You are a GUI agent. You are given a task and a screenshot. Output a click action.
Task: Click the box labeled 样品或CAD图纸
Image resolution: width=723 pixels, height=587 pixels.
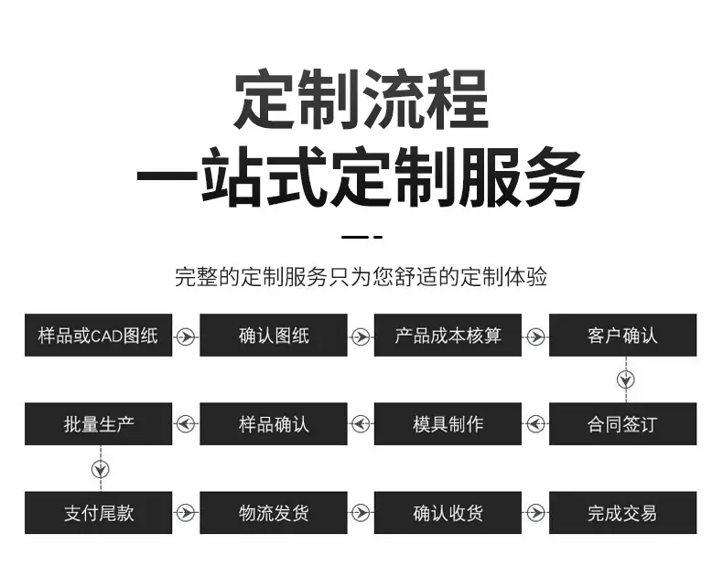click(98, 335)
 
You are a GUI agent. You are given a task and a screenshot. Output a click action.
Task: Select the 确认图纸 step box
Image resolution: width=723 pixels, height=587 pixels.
click(274, 335)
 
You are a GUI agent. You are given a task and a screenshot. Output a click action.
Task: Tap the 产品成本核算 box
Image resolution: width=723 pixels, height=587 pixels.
click(448, 335)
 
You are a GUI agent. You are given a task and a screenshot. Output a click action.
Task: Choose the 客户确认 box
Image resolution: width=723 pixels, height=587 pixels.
click(622, 335)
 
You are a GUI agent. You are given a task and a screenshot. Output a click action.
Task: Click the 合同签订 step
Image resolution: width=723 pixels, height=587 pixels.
click(622, 424)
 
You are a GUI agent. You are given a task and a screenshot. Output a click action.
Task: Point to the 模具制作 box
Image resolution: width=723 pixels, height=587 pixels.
click(448, 424)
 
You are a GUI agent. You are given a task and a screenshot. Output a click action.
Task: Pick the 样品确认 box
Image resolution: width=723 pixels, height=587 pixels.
click(274, 424)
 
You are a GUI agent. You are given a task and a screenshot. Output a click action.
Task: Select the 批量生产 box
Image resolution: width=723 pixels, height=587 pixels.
click(98, 424)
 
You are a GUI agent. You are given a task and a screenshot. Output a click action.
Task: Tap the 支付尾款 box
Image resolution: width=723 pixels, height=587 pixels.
click(98, 512)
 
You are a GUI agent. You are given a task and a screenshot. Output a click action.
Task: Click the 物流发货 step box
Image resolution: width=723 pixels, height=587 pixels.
click(274, 512)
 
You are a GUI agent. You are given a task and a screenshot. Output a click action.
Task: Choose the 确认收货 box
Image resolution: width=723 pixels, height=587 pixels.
click(448, 512)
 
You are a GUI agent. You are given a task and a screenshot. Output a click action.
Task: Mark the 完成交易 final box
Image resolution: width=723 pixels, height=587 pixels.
click(622, 512)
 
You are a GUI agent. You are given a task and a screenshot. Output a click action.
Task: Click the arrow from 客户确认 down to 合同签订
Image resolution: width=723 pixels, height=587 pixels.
click(626, 379)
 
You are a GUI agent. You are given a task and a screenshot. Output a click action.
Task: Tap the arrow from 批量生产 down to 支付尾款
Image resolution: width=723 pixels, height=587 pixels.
click(101, 469)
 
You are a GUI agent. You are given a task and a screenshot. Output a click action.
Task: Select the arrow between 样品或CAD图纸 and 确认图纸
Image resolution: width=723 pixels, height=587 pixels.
click(186, 336)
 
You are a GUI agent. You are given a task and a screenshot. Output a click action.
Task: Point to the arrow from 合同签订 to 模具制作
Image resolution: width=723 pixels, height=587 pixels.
click(535, 423)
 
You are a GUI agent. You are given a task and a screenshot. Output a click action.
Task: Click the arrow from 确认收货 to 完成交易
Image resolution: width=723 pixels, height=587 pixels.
click(535, 512)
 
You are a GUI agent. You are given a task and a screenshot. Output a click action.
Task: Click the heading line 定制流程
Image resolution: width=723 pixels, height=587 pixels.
click(361, 100)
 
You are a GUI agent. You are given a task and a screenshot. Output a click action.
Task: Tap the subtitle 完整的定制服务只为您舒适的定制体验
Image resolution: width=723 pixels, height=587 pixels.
click(361, 277)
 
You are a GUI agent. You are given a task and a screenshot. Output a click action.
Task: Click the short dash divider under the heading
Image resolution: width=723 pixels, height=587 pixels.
click(362, 238)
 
